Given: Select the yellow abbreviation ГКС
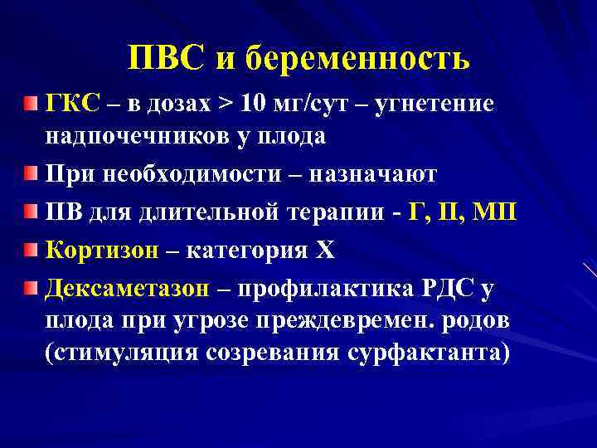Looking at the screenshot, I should pyautogui.click(x=73, y=104).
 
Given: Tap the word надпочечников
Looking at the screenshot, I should pyautogui.click(x=133, y=135).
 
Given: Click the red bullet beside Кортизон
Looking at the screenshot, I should pyautogui.click(x=31, y=248).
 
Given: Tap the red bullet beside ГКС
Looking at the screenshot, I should pyautogui.click(x=31, y=104).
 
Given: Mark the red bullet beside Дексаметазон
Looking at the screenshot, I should pyautogui.click(x=31, y=286).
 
